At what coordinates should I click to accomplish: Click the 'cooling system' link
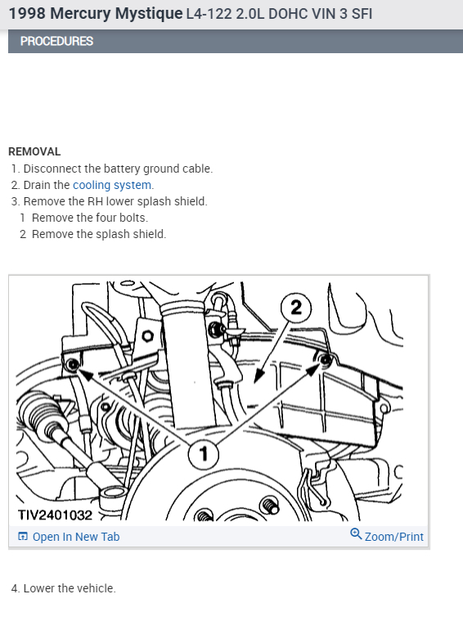click(x=112, y=185)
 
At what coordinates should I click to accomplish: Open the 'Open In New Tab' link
click(x=75, y=537)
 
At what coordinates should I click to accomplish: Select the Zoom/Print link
click(x=393, y=537)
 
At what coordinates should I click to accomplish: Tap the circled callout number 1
click(x=203, y=454)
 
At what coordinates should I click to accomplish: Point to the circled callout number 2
click(x=296, y=308)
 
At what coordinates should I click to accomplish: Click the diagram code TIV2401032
click(x=55, y=515)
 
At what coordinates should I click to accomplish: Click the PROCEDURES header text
click(x=56, y=41)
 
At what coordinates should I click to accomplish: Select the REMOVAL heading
click(x=34, y=151)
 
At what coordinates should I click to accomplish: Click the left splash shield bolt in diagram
click(x=73, y=364)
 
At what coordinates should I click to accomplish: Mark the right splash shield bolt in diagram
click(x=326, y=360)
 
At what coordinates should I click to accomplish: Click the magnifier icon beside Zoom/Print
click(x=356, y=534)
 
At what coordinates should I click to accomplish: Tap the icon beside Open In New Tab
click(x=23, y=537)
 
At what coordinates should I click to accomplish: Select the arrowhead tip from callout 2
click(x=254, y=383)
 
